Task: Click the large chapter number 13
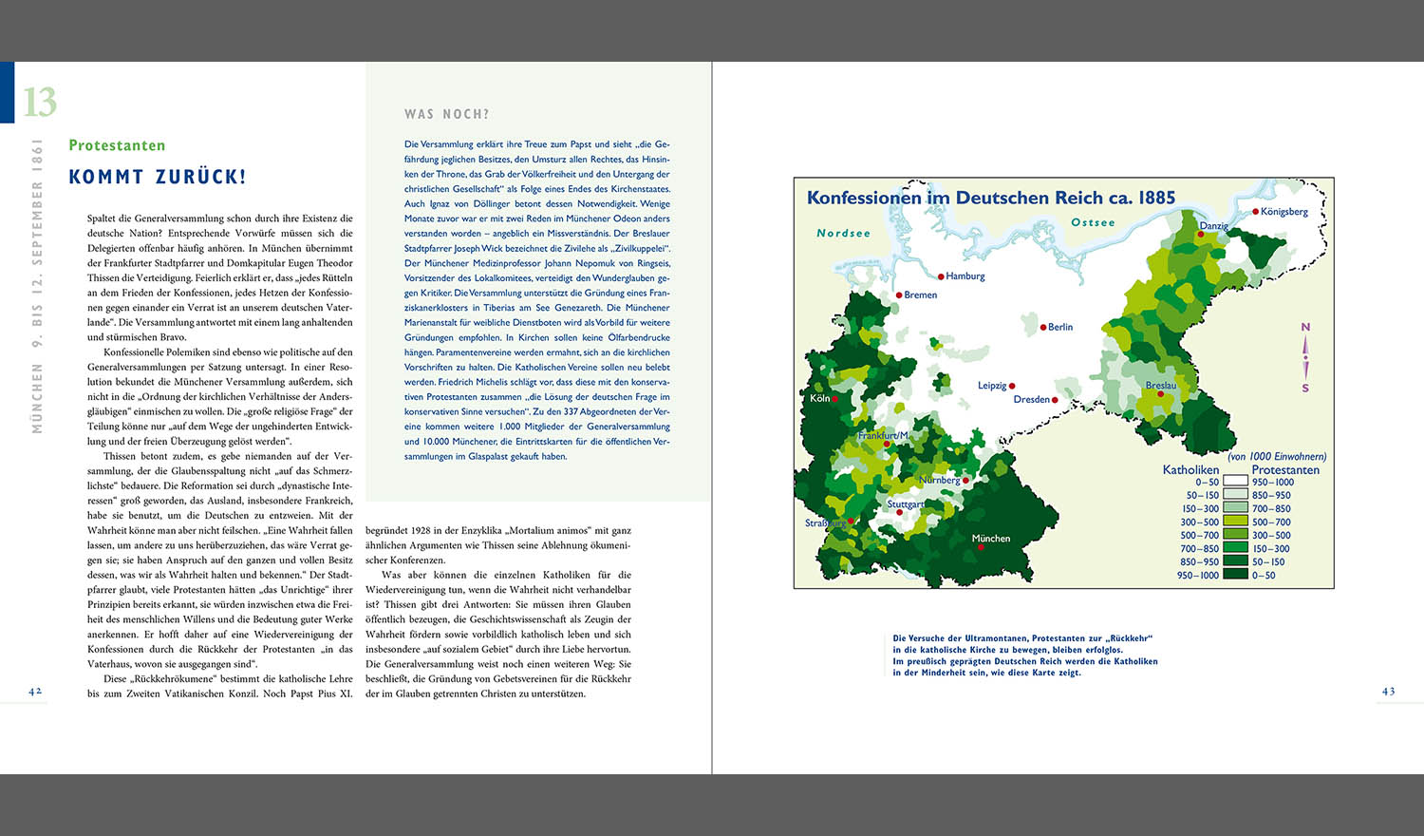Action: pos(40,102)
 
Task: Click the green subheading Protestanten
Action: pos(117,145)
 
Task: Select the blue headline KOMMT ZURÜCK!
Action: pos(158,177)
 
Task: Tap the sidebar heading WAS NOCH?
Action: pos(446,114)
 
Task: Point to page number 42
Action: pos(35,692)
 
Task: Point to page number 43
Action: pos(1388,692)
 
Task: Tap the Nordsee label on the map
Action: pos(843,233)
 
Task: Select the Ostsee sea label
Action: pos(1093,222)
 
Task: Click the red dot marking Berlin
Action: pos(1042,327)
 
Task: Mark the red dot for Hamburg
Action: pos(941,276)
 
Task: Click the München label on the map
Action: pos(990,539)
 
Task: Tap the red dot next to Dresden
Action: pos(1055,400)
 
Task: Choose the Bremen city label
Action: pos(920,294)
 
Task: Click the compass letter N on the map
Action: pos(1305,327)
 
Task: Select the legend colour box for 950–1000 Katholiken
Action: pos(1235,575)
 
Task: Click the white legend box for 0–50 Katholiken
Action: pos(1235,482)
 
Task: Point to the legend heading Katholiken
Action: pos(1190,469)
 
